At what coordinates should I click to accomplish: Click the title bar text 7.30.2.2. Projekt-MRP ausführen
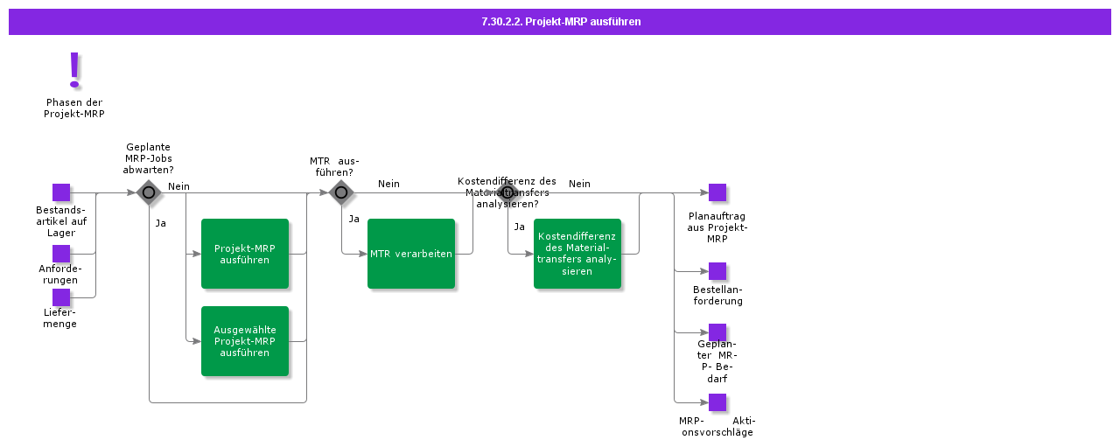(560, 22)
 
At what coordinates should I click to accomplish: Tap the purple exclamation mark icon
(74, 69)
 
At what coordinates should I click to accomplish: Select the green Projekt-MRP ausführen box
(245, 254)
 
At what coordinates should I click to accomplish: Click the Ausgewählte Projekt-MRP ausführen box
(245, 341)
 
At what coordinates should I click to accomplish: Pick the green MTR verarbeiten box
(411, 254)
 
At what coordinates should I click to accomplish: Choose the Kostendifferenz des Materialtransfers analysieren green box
(577, 254)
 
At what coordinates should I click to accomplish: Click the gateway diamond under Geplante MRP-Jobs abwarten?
(149, 192)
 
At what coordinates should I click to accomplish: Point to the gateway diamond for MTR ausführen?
(341, 192)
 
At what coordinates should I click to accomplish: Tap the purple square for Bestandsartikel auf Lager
(61, 192)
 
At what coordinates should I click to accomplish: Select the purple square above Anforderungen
(61, 254)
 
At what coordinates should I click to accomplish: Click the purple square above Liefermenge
(61, 297)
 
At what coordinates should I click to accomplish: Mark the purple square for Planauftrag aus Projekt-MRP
(717, 192)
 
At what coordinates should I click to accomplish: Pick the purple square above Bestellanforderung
(717, 271)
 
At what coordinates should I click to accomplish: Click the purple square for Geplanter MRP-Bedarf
(717, 332)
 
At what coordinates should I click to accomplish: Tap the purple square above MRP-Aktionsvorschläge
(717, 402)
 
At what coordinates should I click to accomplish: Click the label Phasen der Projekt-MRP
(74, 108)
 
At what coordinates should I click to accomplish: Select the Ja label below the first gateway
(161, 223)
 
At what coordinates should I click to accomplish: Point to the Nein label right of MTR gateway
(388, 184)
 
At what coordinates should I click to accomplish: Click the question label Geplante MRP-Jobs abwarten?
(148, 158)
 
